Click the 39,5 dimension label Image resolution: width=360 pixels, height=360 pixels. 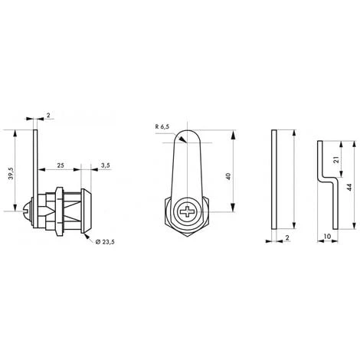[x=11, y=174]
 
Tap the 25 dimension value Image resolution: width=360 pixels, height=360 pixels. [x=61, y=165]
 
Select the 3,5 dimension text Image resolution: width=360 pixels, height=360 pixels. [x=106, y=165]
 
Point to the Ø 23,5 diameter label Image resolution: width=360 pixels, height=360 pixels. [x=105, y=242]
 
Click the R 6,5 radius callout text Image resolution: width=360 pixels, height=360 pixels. [x=162, y=126]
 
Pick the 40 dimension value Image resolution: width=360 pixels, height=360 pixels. [x=228, y=176]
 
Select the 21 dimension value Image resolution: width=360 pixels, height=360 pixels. [x=336, y=160]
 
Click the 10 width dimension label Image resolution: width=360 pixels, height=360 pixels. [x=327, y=237]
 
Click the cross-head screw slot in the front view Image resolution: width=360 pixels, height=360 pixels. [x=187, y=211]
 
